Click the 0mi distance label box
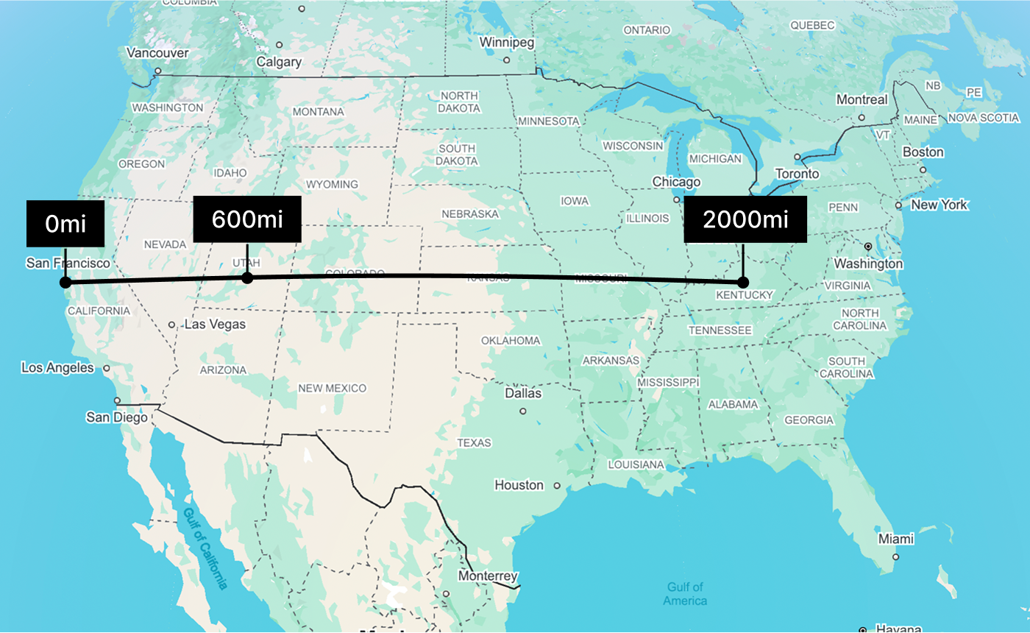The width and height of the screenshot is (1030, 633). tap(65, 223)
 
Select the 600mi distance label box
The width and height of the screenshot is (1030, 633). tap(247, 219)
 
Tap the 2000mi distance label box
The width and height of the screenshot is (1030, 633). tap(745, 219)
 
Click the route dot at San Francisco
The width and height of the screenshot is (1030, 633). tap(65, 282)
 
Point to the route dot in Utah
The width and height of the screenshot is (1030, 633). tap(247, 277)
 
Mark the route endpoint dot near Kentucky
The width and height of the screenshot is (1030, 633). tap(743, 282)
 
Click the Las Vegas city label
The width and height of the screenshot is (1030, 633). tap(215, 324)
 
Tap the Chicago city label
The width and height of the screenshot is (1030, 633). tap(676, 182)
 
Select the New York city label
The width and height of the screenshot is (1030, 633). tap(939, 205)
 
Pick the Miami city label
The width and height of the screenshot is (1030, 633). tap(895, 540)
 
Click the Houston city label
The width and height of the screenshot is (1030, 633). tap(519, 485)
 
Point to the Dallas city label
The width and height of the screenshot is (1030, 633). tap(522, 393)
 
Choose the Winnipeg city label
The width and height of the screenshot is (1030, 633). tap(506, 43)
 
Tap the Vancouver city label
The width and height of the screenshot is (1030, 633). tap(157, 53)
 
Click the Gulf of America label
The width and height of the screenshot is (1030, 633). tap(684, 593)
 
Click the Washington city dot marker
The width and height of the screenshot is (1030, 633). tap(868, 246)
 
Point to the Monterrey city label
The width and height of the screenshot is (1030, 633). tap(487, 576)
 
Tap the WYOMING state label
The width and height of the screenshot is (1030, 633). tap(332, 184)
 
